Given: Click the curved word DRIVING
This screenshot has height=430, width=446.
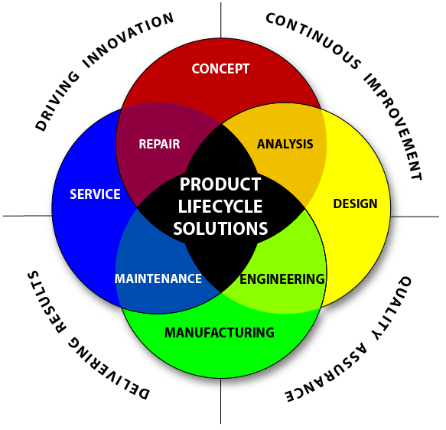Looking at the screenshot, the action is (x=57, y=102).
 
